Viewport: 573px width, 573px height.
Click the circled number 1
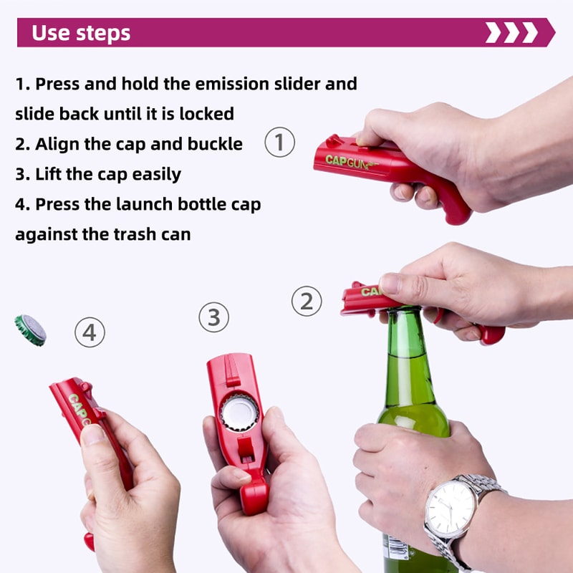coord(280,142)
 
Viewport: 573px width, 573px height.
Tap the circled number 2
coord(307,301)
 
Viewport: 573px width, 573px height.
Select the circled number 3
coord(213,317)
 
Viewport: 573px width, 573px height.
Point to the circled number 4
coord(90,332)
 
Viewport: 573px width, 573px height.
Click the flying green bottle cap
coord(30,330)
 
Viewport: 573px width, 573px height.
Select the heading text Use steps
coord(81,33)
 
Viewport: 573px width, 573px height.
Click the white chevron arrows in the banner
coord(511,33)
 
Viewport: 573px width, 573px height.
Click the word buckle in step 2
coord(215,144)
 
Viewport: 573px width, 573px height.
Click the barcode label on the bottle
coord(395,548)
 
